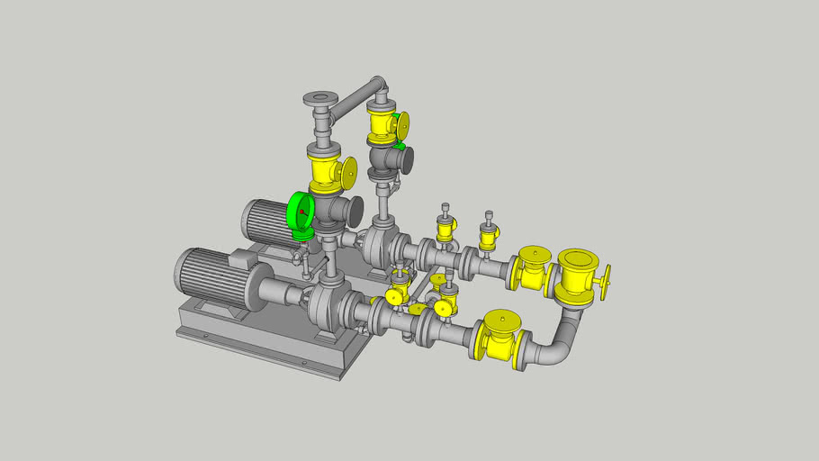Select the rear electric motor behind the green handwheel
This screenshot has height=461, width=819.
pos(265,221)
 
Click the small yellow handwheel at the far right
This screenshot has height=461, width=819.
pos(606,279)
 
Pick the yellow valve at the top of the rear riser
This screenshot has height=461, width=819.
pos(382,124)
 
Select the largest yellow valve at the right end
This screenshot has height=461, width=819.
pos(576,275)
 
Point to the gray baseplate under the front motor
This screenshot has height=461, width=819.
pos(261,347)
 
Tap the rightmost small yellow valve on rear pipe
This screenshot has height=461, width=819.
pos(489,237)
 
